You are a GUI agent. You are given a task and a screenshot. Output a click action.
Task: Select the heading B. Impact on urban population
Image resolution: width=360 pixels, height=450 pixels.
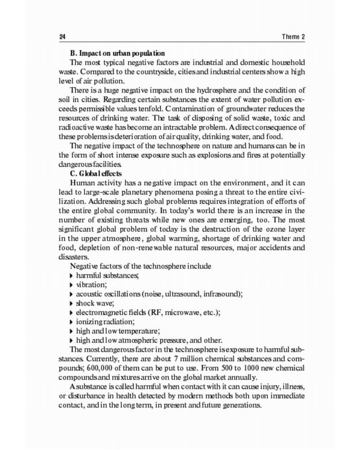pyautogui.click(x=118, y=53)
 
